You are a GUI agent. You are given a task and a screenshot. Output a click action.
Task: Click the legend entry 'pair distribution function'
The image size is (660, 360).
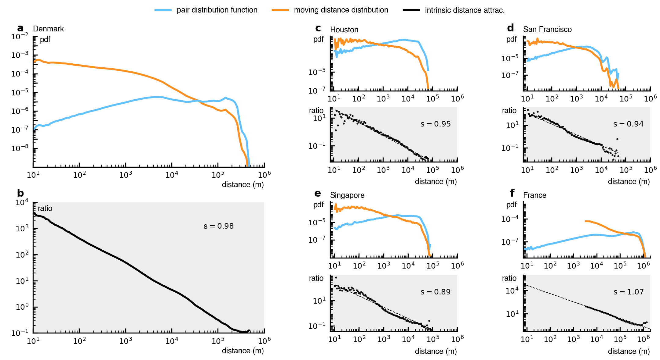click(217, 10)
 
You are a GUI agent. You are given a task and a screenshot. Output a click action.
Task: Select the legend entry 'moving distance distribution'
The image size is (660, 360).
click(341, 10)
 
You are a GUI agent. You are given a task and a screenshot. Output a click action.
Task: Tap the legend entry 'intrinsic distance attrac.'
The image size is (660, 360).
click(465, 10)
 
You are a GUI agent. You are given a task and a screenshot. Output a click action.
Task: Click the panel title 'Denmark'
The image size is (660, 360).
click(48, 29)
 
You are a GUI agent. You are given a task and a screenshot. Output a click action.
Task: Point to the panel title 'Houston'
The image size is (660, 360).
click(344, 30)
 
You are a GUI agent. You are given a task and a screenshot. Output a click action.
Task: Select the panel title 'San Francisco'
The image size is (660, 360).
click(547, 30)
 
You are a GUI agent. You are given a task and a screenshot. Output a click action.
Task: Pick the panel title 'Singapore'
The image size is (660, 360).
click(347, 195)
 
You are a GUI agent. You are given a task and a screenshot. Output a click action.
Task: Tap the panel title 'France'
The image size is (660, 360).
click(535, 195)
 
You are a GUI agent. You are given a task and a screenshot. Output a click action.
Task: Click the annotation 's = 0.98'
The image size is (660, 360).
click(219, 226)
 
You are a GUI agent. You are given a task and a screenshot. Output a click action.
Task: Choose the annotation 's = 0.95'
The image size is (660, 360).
click(436, 124)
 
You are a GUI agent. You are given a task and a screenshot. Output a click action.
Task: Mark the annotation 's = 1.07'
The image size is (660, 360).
click(629, 292)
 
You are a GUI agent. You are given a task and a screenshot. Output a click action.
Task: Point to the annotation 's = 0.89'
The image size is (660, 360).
click(436, 292)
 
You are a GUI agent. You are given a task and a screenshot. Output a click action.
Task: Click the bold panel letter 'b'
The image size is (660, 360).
click(20, 193)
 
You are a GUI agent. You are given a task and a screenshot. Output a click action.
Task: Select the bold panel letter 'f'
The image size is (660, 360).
click(512, 193)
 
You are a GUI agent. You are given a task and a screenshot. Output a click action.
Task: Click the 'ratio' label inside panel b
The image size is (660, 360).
click(45, 209)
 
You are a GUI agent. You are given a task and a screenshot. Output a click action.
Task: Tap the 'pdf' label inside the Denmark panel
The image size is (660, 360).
click(45, 40)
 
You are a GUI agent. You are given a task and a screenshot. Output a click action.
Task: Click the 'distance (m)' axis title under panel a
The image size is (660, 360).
click(243, 185)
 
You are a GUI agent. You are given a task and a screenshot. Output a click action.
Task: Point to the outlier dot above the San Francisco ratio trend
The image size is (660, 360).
click(617, 139)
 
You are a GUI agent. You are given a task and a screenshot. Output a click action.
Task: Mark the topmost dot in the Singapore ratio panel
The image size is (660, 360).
click(336, 278)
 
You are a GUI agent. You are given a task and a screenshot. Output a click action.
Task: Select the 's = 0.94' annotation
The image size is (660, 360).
click(629, 124)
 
